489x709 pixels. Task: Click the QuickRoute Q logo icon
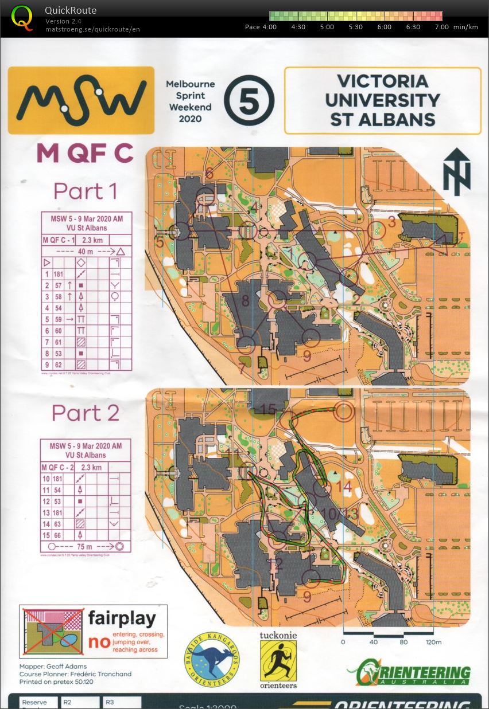tap(22, 17)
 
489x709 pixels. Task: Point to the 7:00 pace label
tap(442, 27)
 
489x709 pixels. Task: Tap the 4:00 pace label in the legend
tap(269, 27)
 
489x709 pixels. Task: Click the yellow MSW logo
tap(81, 100)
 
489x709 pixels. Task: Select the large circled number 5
tap(249, 101)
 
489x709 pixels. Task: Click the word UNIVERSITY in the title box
tap(382, 100)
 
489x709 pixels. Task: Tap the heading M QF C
tap(85, 153)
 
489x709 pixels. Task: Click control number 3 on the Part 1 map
tap(392, 222)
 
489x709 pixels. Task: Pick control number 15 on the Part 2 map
tap(268, 409)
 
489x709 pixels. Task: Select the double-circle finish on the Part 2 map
tap(344, 411)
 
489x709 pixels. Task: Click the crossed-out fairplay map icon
tap(52, 631)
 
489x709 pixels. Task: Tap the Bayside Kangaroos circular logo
tap(212, 659)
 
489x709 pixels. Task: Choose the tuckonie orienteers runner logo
tap(278, 660)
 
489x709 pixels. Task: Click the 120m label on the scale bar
tap(433, 643)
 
